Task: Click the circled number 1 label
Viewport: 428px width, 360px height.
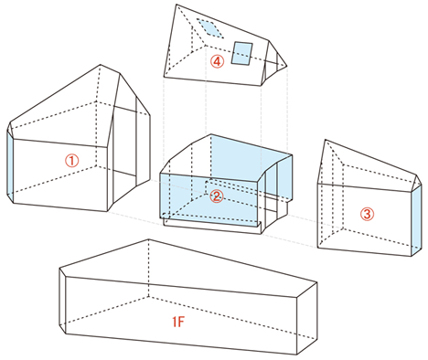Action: pyautogui.click(x=72, y=160)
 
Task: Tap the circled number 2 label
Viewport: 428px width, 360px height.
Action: pyautogui.click(x=217, y=196)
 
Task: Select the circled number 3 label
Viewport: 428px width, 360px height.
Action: pyautogui.click(x=367, y=214)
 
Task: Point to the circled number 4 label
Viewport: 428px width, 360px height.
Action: pyautogui.click(x=217, y=61)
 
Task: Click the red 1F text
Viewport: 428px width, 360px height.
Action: pyautogui.click(x=178, y=322)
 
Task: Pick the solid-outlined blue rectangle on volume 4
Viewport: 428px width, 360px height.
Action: pyautogui.click(x=242, y=53)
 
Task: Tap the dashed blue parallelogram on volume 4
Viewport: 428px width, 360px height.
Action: pyautogui.click(x=210, y=28)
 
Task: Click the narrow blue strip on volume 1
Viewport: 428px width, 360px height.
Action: pyautogui.click(x=10, y=166)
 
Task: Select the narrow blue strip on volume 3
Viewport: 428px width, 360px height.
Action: pyautogui.click(x=416, y=220)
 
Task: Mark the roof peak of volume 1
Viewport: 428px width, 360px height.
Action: pyautogui.click(x=101, y=65)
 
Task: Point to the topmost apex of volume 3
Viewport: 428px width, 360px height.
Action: pyautogui.click(x=326, y=140)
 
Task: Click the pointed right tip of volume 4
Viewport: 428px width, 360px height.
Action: pyautogui.click(x=287, y=66)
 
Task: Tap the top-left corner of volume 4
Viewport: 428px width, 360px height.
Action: pyautogui.click(x=177, y=5)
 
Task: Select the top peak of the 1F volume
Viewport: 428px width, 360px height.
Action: pyautogui.click(x=148, y=239)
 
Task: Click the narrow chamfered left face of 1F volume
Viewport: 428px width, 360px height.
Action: pyautogui.click(x=62, y=300)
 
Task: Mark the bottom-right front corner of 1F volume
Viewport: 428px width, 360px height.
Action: pyautogui.click(x=296, y=355)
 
